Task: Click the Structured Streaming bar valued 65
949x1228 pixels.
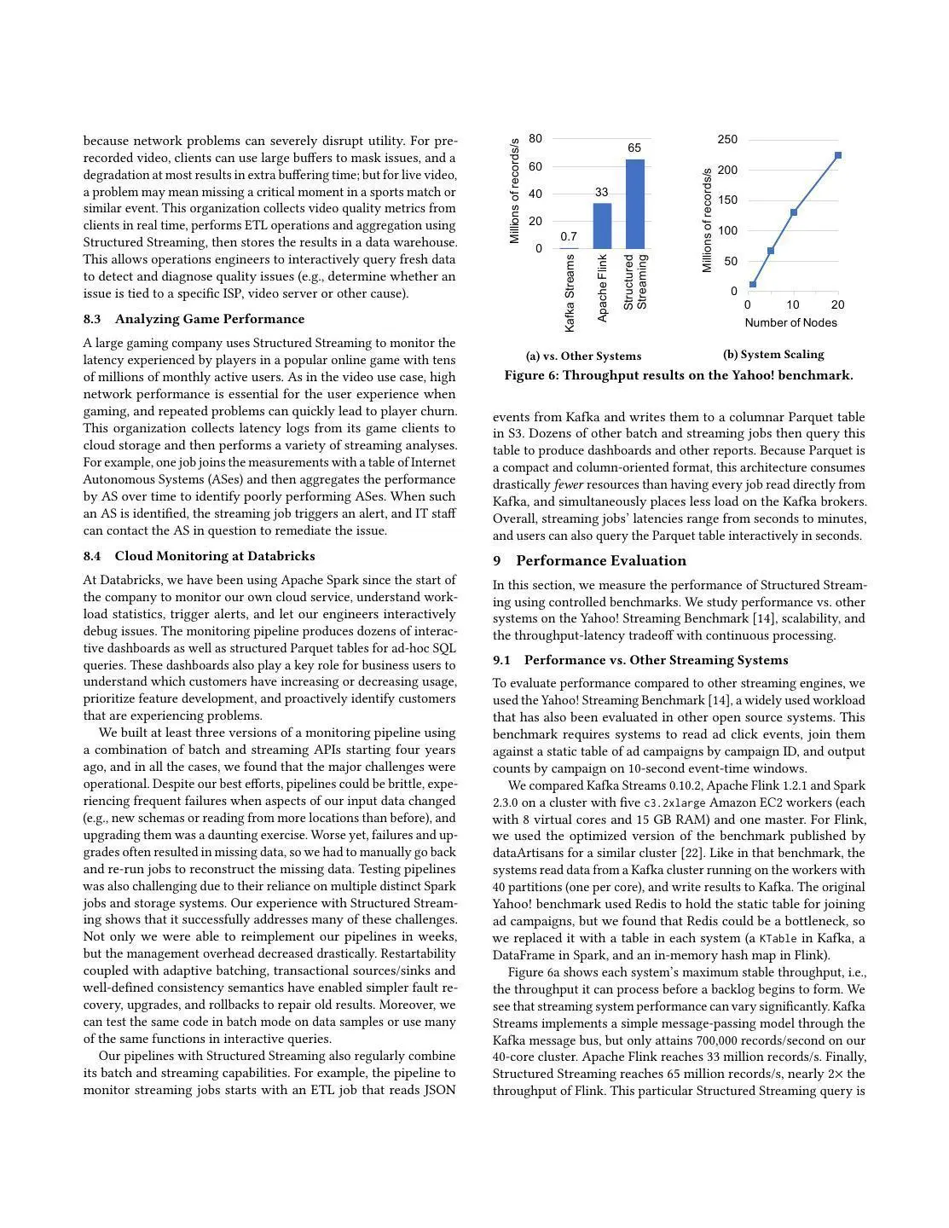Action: [634, 204]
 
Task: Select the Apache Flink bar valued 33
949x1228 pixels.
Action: [602, 226]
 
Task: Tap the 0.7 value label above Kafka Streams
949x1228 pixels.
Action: [569, 237]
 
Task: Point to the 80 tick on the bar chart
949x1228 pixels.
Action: [535, 138]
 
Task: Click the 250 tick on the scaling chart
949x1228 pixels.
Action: [727, 140]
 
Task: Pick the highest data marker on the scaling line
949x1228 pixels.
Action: [838, 155]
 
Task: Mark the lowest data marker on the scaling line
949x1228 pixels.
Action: [753, 284]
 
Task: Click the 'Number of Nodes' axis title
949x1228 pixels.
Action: [790, 322]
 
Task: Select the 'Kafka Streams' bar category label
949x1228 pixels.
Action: [570, 294]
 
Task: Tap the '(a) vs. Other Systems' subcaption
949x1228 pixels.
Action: [583, 356]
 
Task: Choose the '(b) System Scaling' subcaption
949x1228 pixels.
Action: [773, 355]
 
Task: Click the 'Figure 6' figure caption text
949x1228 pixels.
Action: [678, 375]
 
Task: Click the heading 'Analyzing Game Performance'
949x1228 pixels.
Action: [209, 319]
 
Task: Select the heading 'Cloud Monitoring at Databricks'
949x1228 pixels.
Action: [214, 556]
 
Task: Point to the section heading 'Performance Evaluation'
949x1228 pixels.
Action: [600, 560]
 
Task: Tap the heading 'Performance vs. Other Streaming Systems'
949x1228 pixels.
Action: [656, 660]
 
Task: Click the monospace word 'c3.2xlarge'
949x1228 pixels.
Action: [674, 803]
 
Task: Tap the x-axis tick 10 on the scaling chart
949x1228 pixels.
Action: [793, 305]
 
